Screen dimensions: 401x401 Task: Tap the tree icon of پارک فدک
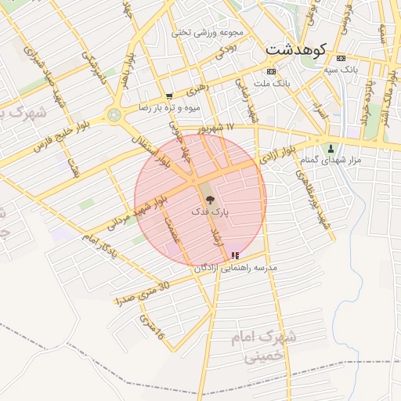tap(208, 200)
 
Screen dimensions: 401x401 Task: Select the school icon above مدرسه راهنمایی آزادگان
tap(236, 255)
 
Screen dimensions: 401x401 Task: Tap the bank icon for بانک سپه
tap(341, 59)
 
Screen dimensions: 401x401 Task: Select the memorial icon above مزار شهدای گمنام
tap(331, 148)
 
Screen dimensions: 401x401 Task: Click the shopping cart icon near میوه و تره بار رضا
tap(169, 96)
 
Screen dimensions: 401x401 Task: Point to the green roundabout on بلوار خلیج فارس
tap(115, 114)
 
